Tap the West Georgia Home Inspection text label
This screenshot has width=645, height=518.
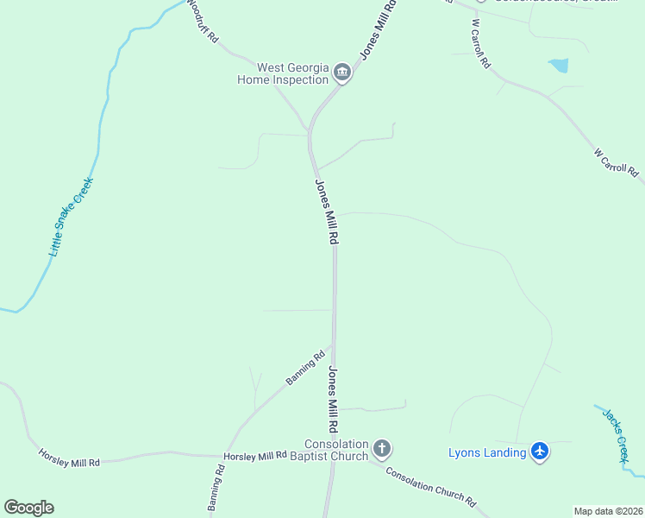[x=283, y=73]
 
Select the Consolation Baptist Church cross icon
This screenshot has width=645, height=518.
[x=382, y=449]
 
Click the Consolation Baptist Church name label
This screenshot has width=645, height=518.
[x=329, y=449]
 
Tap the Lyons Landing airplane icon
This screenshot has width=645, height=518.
[x=540, y=452]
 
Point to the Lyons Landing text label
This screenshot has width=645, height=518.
[x=487, y=452]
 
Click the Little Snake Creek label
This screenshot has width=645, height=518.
[x=71, y=217]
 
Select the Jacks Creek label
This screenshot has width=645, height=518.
[x=614, y=435]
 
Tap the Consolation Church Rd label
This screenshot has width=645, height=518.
[x=430, y=486]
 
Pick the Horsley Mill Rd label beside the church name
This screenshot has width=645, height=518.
[x=254, y=455]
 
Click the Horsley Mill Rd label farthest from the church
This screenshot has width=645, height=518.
[x=69, y=458]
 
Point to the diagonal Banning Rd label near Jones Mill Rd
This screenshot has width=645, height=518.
[x=306, y=367]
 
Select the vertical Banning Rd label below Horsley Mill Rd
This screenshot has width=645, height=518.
[x=216, y=490]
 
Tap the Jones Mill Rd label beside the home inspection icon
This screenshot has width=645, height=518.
[x=379, y=29]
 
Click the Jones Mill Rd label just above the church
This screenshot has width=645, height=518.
[x=333, y=400]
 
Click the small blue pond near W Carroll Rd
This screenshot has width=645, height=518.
[x=559, y=65]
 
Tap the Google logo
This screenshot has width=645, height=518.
[x=28, y=508]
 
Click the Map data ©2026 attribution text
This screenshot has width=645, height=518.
[x=608, y=511]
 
